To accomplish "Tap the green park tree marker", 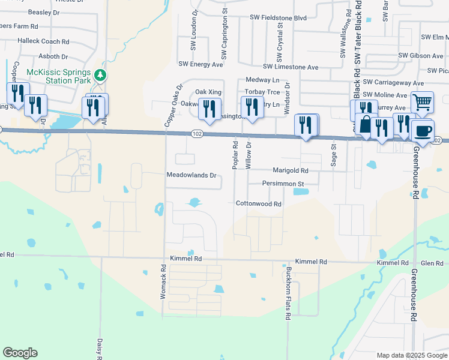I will pos(101,75).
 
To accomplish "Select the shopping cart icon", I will pos(422,103).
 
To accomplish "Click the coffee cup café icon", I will pos(423,130).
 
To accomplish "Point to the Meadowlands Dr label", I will pos(191,176).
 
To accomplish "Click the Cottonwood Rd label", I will pos(258,204).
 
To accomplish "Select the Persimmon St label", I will pos(283,183).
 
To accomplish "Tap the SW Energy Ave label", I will pos(201,64).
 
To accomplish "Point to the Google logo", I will pos(20,353).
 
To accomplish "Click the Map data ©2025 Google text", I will pos(411,355).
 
